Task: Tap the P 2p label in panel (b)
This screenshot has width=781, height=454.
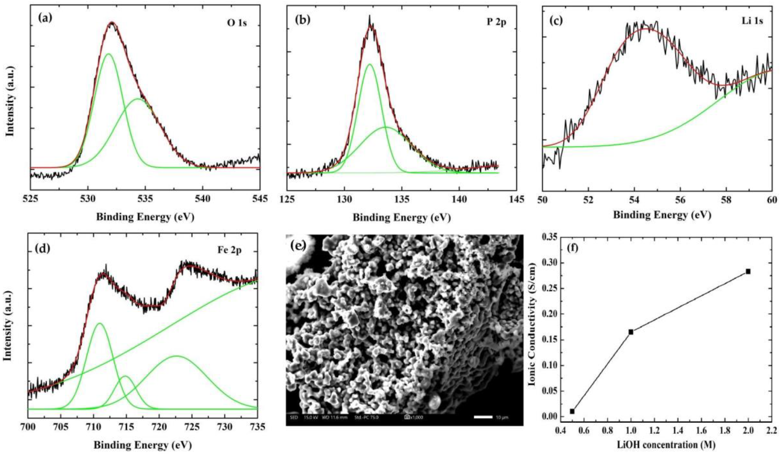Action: point(496,23)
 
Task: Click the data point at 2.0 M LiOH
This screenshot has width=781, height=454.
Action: point(748,271)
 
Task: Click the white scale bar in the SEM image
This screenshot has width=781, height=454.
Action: point(483,417)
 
